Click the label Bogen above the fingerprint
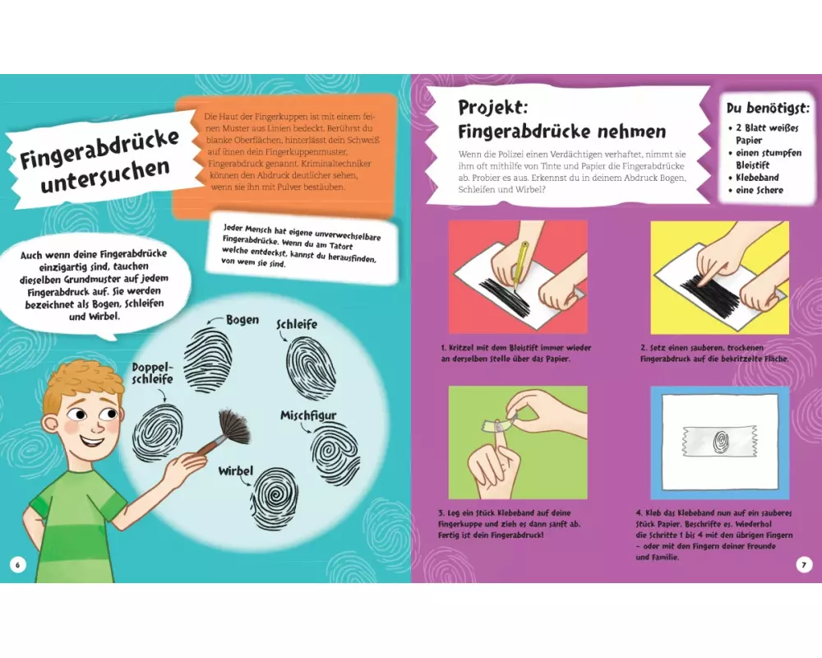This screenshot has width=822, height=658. point(242,320)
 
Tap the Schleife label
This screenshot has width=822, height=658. point(297,324)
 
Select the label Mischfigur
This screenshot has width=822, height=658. point(308,415)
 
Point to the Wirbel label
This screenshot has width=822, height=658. point(236,470)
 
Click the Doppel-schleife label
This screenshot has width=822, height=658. point(152,373)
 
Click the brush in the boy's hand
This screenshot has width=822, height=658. point(225,433)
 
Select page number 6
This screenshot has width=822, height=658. point(18,564)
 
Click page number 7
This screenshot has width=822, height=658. point(804,564)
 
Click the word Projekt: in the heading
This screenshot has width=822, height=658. point(492,107)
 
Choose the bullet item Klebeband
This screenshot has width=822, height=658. point(757,178)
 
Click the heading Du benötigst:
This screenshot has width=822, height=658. point(768,108)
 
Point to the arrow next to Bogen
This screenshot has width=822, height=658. point(215,321)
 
